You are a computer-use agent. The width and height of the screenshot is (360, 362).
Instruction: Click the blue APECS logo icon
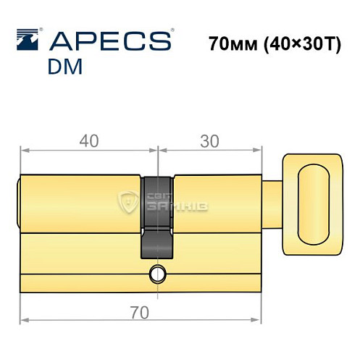[x=28, y=41]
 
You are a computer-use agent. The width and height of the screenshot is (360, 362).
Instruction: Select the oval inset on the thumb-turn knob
[x=315, y=202]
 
